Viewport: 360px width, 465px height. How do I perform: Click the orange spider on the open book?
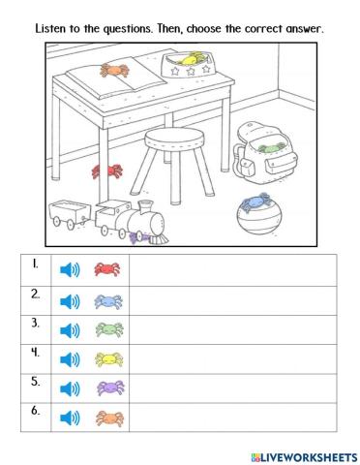(115, 70)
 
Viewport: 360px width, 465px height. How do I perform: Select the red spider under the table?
(104, 172)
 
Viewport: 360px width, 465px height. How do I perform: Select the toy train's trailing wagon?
(68, 214)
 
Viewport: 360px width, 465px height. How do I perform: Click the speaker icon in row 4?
(69, 359)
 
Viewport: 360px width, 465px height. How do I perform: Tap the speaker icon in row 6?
(69, 418)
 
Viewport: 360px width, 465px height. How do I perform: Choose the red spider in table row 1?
(106, 269)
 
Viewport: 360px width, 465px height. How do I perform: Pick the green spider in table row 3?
(106, 329)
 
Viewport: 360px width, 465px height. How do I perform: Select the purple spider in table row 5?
(106, 389)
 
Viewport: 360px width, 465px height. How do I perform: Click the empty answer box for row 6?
(232, 418)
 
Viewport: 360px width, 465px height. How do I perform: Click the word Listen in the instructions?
(53, 29)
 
